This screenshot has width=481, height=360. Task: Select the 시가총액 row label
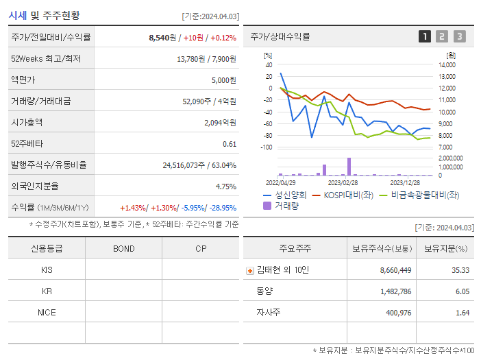click(x=27, y=122)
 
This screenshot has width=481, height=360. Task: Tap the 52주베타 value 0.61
click(x=230, y=144)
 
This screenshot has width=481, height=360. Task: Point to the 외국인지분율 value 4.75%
click(x=225, y=187)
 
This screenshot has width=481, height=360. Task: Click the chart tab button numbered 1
click(x=425, y=37)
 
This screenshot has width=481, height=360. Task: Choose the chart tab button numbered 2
click(x=442, y=37)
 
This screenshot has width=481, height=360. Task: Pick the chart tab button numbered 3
click(x=459, y=37)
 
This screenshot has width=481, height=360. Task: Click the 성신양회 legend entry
click(x=286, y=195)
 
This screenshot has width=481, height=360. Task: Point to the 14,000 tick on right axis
click(x=447, y=65)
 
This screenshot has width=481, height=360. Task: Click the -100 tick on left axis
click(x=267, y=147)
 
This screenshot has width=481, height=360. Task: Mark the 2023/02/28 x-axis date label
click(x=343, y=183)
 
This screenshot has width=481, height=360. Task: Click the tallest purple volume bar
click(x=349, y=167)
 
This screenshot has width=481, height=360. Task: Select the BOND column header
click(x=123, y=248)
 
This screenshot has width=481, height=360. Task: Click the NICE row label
click(x=47, y=312)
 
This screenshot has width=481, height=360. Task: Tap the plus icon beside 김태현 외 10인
click(x=249, y=270)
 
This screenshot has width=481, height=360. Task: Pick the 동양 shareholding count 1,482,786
click(x=395, y=291)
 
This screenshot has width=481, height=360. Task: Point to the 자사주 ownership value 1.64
click(x=463, y=313)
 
